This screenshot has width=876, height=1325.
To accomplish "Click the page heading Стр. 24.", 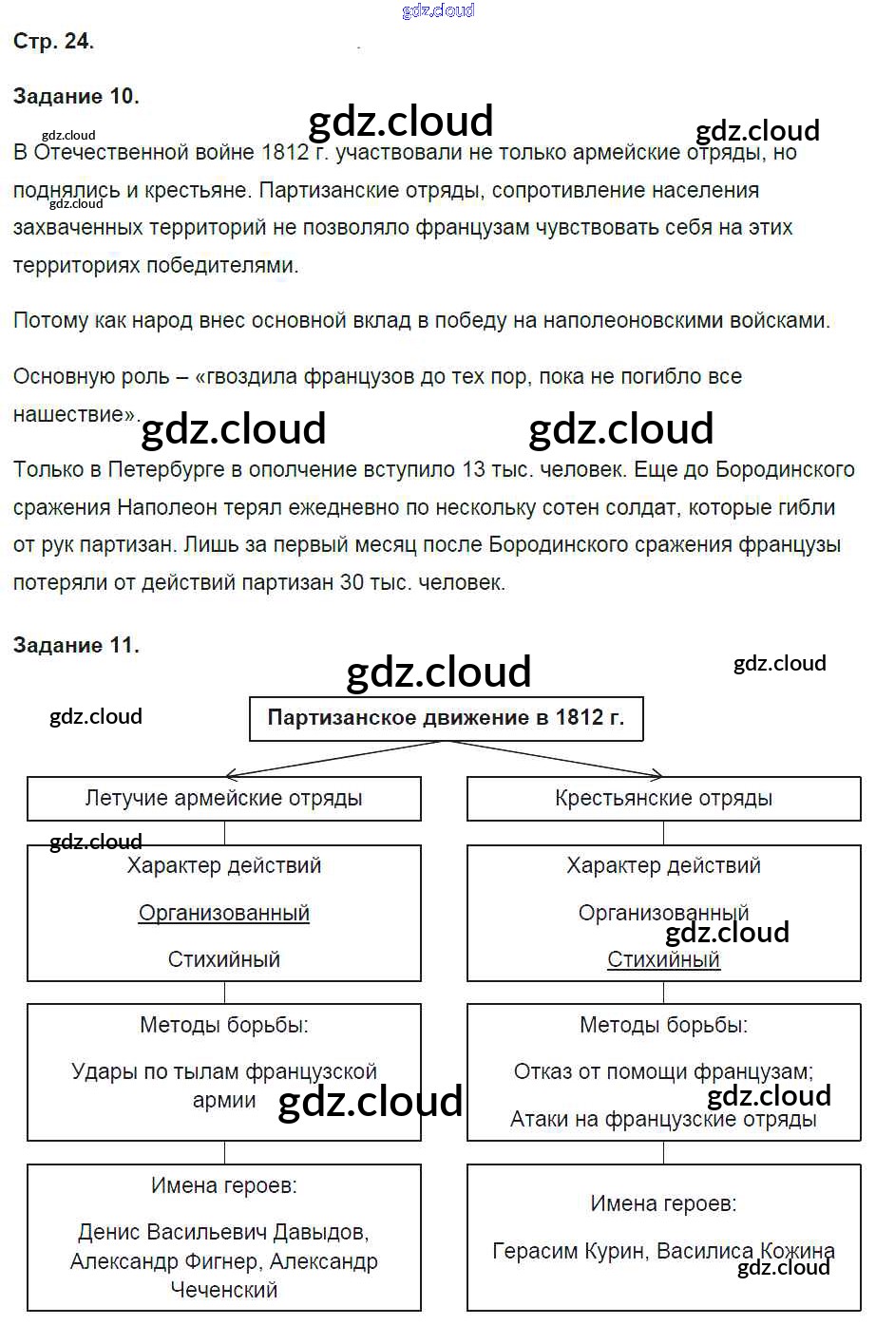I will click(x=53, y=41).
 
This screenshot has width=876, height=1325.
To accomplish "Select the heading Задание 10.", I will click(x=76, y=96).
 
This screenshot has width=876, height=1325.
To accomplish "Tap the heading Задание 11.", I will click(x=76, y=645).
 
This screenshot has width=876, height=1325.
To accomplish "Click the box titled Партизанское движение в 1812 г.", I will click(x=446, y=718).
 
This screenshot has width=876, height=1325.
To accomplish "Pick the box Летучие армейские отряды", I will click(x=223, y=798).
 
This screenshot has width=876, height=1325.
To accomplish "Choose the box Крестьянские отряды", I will click(x=663, y=798).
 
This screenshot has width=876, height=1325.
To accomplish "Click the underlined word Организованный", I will click(x=224, y=913).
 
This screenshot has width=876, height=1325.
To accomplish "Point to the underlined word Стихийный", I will click(x=663, y=959).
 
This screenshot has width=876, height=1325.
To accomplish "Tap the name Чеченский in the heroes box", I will click(x=224, y=1290).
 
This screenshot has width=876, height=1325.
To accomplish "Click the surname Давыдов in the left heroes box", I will click(x=320, y=1232).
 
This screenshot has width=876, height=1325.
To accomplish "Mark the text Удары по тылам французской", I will click(x=224, y=1071).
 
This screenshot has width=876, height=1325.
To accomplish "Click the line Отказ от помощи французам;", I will click(x=663, y=1071).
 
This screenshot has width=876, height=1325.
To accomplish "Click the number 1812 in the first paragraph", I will click(x=284, y=152).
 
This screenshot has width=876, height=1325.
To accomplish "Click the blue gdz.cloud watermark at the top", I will click(x=438, y=10).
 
